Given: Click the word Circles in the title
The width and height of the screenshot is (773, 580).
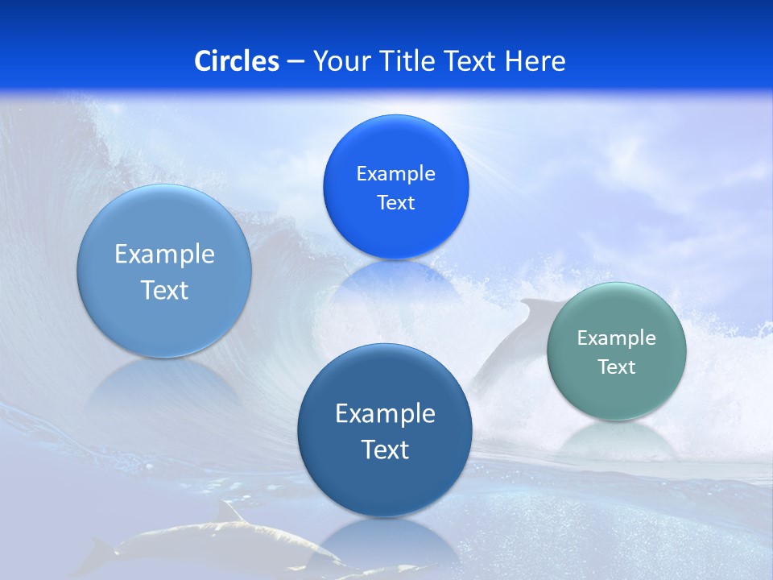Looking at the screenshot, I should tap(237, 61).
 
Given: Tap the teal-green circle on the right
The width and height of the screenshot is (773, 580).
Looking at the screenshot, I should tap(617, 395).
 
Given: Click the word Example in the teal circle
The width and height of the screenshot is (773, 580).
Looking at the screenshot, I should tap(617, 338).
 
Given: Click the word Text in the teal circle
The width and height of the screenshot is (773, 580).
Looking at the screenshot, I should tap(617, 367).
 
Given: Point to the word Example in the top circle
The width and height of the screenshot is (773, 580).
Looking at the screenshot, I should tap(395, 174).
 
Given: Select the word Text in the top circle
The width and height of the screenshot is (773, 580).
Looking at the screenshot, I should tap(395, 203).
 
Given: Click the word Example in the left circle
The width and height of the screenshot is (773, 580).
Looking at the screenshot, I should tap(164, 255).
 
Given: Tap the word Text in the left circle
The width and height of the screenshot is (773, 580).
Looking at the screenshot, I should tap(164, 290).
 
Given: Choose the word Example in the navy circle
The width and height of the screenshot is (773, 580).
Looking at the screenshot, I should tap(385, 414).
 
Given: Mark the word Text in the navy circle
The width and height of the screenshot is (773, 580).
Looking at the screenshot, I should tap(385, 449).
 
